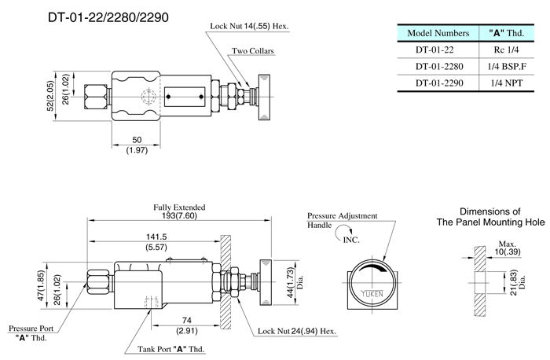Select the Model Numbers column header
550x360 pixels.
click(435, 33)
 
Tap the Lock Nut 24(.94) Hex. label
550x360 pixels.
click(295, 331)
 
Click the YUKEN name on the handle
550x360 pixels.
click(374, 292)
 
